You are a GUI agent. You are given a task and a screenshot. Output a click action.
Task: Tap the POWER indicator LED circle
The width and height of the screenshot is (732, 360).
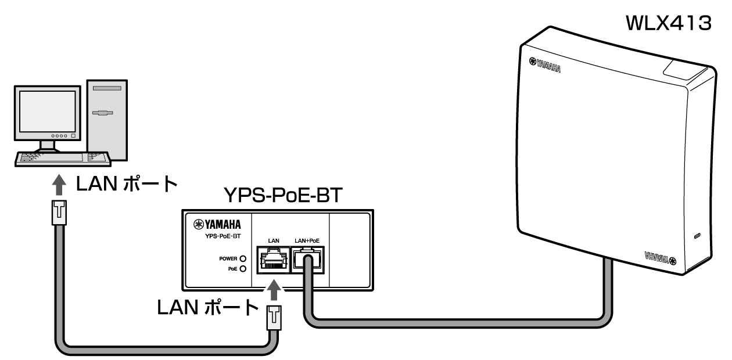point(243,258)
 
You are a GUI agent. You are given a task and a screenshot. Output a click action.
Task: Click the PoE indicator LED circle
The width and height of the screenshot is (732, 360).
point(243,269)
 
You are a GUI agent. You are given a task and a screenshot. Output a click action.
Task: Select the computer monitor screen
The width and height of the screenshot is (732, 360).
point(47,113)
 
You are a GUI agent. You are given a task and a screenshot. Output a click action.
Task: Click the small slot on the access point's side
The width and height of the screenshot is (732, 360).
point(698,236)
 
